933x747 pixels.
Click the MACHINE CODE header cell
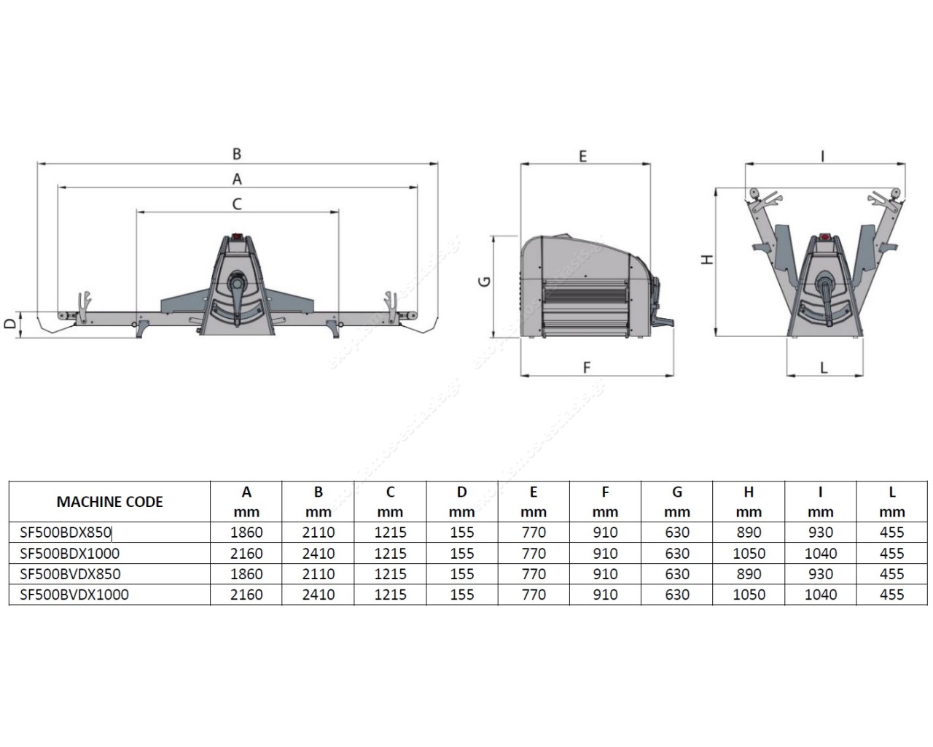click(109, 502)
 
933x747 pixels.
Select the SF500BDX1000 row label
click(70, 554)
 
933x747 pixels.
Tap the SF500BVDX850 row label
click(70, 574)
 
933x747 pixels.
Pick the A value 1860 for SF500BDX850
click(246, 532)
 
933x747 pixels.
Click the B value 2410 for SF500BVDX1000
click(319, 595)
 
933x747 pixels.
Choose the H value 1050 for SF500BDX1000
click(749, 554)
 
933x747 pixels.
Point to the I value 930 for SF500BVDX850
click(820, 574)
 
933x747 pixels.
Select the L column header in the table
click(891, 492)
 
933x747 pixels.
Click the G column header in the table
click(676, 492)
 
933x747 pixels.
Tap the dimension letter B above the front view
click(237, 154)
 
